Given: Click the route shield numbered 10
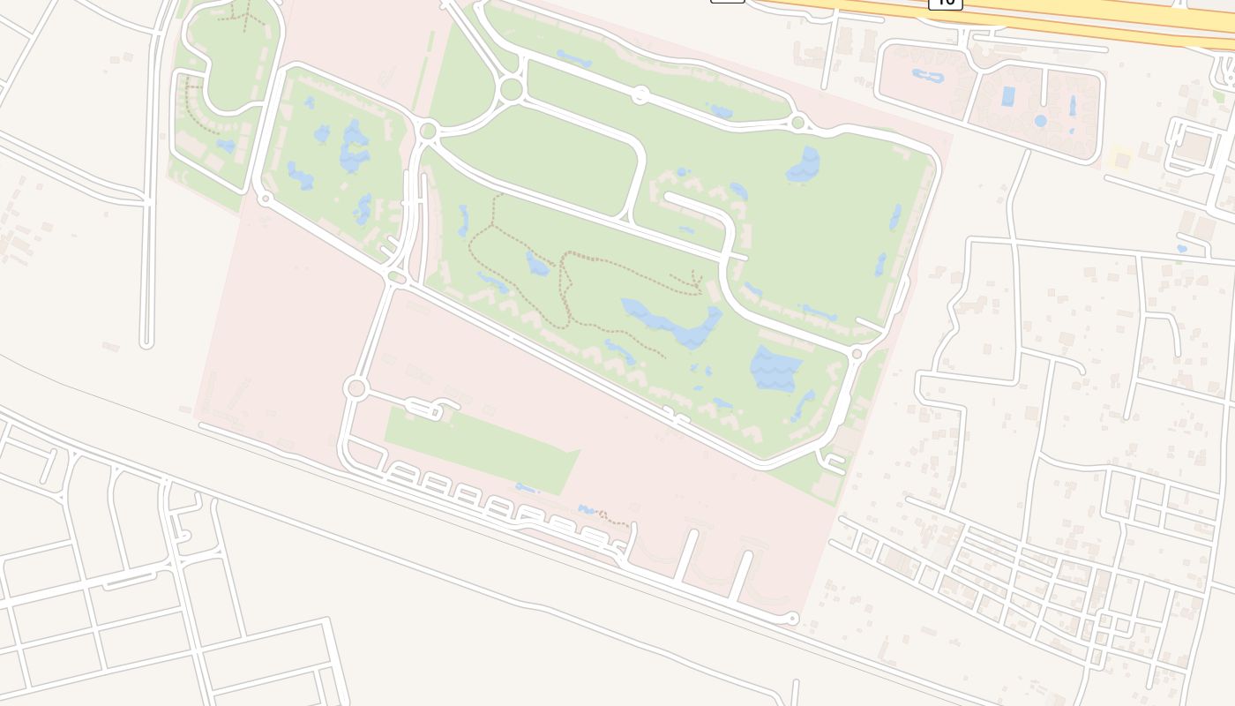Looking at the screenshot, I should [945, 3].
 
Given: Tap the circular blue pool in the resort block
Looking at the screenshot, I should [1041, 120].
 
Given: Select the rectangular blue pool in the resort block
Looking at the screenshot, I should [1008, 95].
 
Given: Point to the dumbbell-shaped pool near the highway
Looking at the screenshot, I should [928, 76].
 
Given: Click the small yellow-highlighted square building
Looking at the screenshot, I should [1121, 160].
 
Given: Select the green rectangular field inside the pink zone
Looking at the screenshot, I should [481, 450].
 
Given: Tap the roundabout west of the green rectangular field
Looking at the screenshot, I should [356, 387].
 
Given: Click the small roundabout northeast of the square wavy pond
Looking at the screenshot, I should [857, 353].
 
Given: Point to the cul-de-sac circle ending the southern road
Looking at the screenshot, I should [793, 619].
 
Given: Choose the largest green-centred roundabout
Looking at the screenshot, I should [511, 89].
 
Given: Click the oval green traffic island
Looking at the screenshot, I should [396, 278].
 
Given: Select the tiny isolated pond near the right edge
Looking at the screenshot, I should [1182, 250].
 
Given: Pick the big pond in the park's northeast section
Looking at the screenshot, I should [804, 165].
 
